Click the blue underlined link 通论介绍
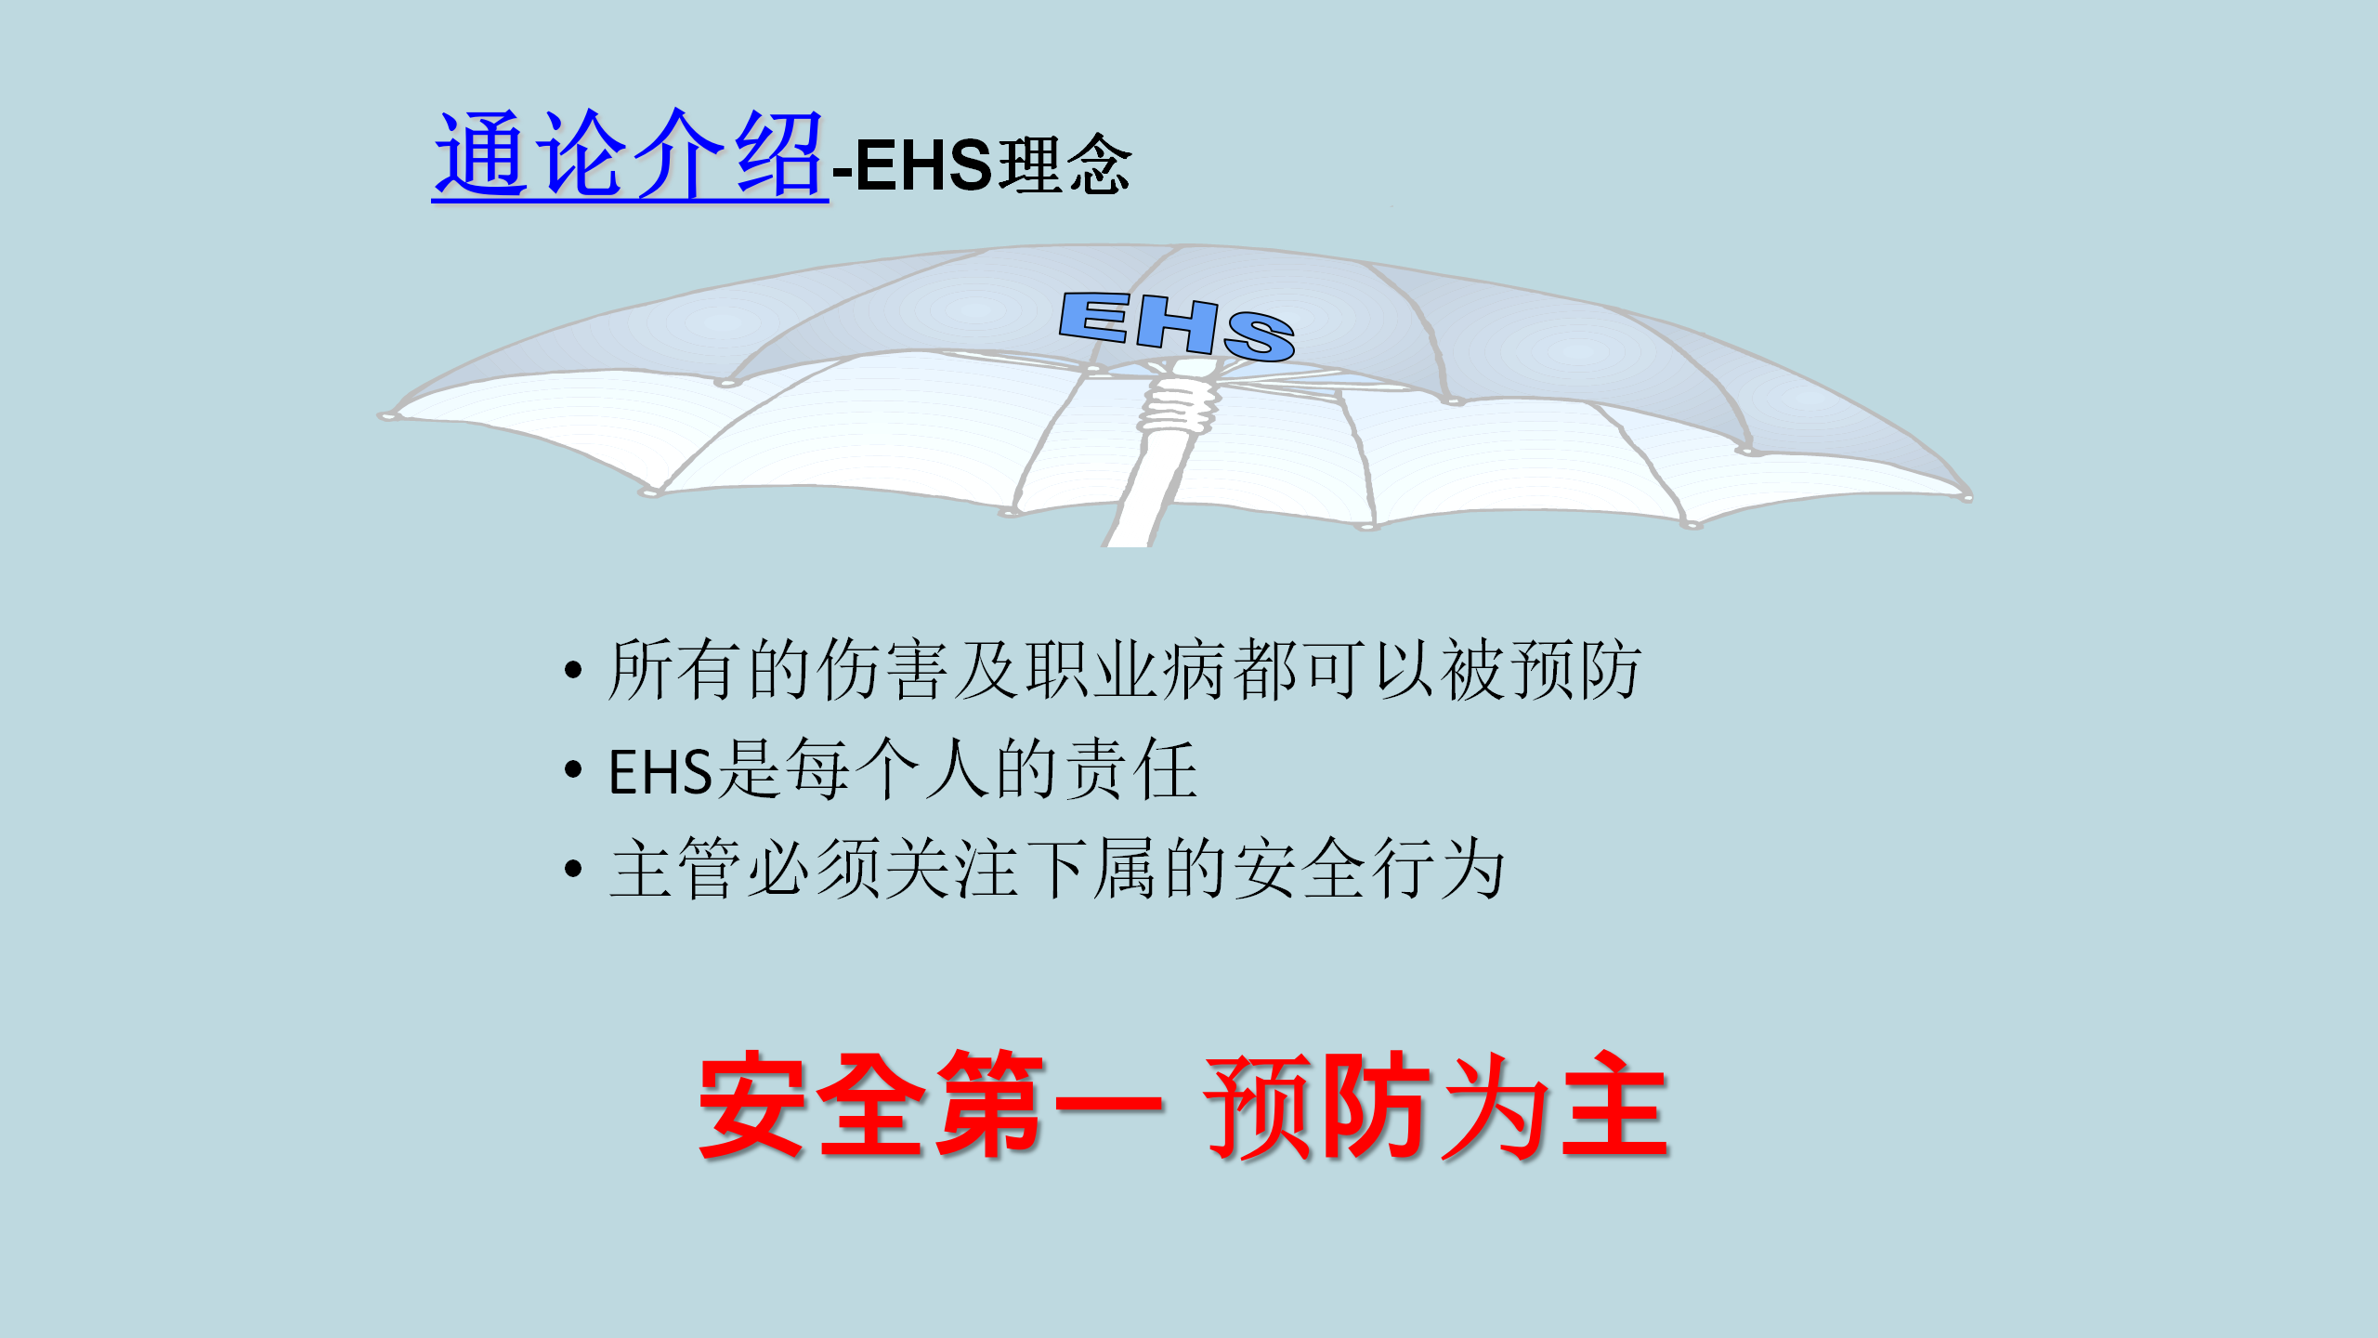(630, 154)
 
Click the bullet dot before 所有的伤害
(573, 670)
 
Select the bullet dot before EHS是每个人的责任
(573, 769)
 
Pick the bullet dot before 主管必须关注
(573, 869)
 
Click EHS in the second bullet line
(660, 771)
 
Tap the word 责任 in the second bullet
(1130, 768)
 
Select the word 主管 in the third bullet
(675, 868)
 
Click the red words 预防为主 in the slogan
(1438, 1106)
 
